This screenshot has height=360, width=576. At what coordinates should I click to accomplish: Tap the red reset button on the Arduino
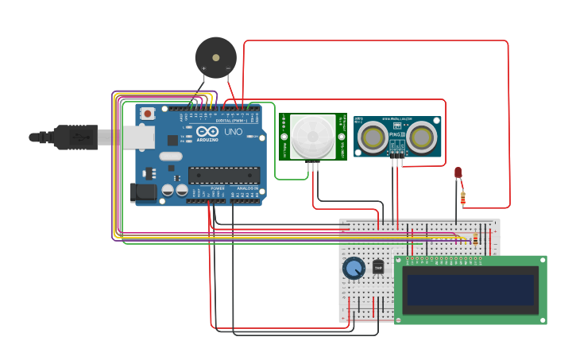148,114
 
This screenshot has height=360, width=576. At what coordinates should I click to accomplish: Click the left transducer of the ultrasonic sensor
373,137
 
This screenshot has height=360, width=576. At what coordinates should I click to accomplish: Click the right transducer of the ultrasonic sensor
422,137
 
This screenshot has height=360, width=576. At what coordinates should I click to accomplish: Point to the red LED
458,172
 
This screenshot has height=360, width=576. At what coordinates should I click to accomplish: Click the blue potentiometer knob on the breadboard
354,269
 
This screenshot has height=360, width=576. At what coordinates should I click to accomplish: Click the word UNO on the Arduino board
234,132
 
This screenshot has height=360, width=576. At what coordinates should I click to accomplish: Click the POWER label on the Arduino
218,188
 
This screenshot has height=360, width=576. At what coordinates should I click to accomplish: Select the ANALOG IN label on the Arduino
246,188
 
